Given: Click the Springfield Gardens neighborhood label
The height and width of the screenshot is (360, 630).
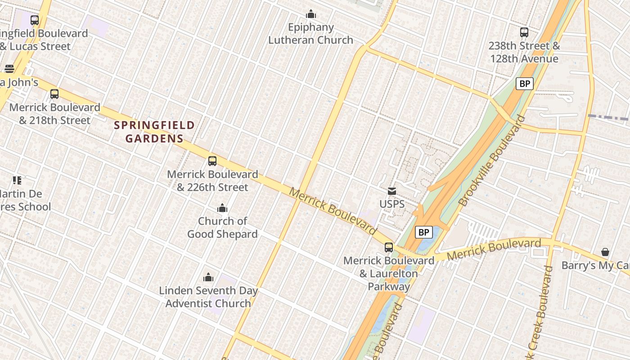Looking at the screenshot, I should (154, 132).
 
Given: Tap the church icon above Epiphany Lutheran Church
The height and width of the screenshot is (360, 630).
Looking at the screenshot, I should (311, 14).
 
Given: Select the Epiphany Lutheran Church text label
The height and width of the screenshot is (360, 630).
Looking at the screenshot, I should (311, 34).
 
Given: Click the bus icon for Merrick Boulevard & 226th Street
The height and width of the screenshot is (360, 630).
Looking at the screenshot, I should (212, 161).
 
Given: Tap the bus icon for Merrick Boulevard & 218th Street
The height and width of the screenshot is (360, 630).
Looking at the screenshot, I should (54, 94).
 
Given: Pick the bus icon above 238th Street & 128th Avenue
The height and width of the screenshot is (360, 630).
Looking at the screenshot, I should (524, 32).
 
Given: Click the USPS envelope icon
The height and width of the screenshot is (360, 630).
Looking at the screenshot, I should (392, 191).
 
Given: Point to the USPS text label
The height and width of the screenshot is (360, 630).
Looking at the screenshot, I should (392, 204).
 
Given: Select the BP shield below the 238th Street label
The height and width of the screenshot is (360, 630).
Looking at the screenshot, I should (524, 84).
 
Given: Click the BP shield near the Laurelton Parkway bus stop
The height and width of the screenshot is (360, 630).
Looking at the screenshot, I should (423, 232).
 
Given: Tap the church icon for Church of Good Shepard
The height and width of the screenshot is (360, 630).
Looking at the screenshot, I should (222, 208).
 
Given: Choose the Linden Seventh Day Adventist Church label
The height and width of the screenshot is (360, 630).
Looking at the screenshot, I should (208, 297).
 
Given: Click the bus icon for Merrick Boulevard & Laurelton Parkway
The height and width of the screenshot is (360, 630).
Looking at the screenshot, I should (389, 247).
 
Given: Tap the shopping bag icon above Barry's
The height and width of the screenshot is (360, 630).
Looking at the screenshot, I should (605, 252).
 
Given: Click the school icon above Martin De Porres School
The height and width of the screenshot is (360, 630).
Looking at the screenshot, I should (17, 180).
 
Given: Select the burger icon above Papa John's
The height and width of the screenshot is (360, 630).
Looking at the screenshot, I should (9, 69).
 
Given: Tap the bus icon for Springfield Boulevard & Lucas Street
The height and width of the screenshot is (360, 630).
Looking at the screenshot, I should (35, 20).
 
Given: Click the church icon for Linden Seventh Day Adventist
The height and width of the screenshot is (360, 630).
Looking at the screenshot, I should (208, 277).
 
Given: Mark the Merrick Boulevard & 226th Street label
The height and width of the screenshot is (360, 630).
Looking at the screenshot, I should (212, 180).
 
